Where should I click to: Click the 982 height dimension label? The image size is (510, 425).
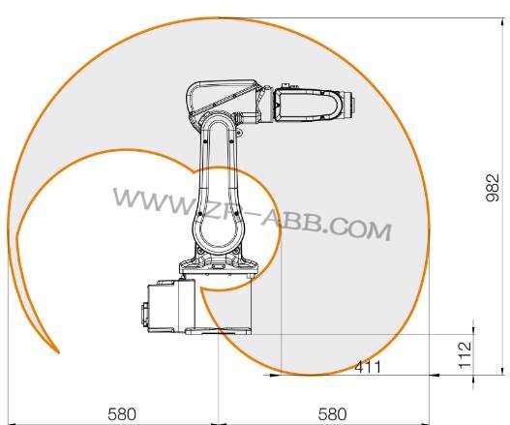[x=492, y=194]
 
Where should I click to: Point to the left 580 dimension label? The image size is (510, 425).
[x=121, y=413]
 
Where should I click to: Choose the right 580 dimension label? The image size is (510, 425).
[x=331, y=413]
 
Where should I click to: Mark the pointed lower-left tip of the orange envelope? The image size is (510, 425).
[x=58, y=350]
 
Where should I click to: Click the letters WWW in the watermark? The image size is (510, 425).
[x=145, y=199]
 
